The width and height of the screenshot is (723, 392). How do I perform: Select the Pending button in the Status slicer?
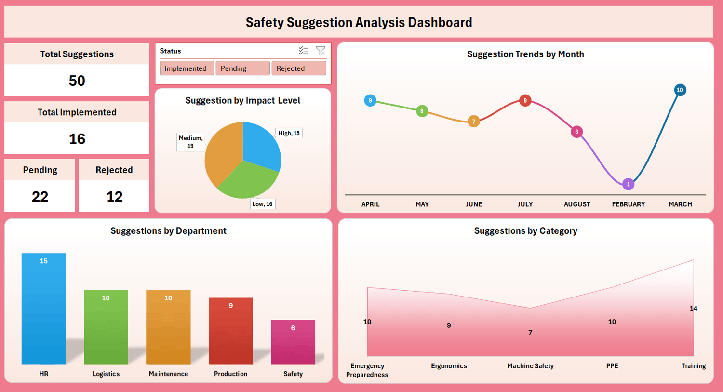click(242, 68)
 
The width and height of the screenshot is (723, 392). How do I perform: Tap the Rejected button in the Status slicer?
click(298, 68)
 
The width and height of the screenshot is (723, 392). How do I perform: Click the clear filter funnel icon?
click(321, 51)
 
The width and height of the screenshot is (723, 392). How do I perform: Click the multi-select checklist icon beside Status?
click(303, 51)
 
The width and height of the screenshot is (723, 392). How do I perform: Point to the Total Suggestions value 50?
click(77, 81)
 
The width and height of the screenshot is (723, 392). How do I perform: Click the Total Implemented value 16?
click(77, 139)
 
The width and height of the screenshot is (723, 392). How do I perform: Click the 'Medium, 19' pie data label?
click(190, 142)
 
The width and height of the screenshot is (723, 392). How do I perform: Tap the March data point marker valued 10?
click(680, 90)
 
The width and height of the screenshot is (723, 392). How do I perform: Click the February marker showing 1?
click(628, 184)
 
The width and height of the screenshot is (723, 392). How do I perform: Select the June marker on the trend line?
click(474, 122)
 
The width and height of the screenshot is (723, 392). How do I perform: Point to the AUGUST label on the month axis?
click(577, 204)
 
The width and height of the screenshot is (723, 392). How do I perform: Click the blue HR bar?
click(43, 309)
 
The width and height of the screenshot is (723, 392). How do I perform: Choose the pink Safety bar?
click(293, 342)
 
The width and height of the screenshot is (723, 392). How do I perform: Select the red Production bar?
click(230, 331)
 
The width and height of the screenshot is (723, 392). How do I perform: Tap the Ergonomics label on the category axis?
click(449, 366)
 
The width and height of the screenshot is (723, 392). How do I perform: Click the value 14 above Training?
click(694, 308)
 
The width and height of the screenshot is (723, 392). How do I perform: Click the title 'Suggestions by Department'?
click(168, 231)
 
